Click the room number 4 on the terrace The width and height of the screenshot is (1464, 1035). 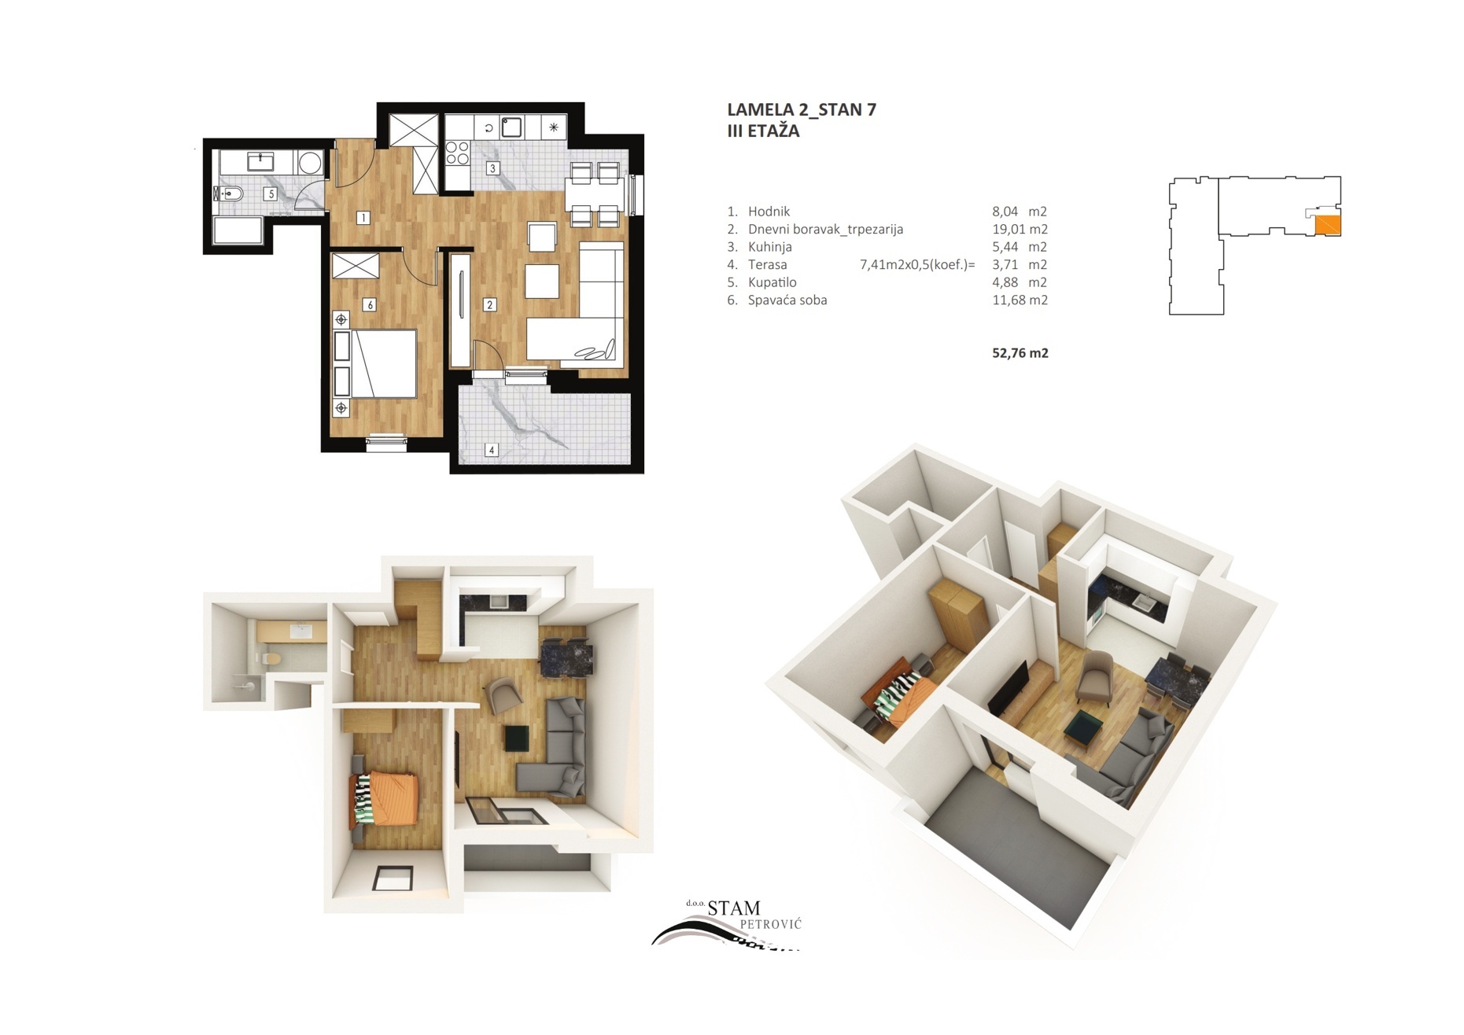coord(492,450)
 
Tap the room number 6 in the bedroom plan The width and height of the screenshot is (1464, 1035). coord(370,304)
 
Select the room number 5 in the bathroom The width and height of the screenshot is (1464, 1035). coord(271,193)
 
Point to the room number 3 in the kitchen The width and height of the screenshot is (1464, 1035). coord(493,168)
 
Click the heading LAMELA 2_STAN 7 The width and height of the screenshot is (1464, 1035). coord(802,109)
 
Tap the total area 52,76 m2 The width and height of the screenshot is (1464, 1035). coord(1020,353)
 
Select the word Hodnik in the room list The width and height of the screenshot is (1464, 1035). coord(769,212)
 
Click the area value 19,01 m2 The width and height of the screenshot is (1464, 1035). coord(1020,230)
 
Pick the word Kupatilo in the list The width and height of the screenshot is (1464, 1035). coord(772,282)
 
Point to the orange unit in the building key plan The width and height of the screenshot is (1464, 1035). coord(1328,225)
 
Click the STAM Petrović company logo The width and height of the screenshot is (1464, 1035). coord(728,925)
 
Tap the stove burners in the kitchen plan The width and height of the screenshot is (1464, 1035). coord(457,153)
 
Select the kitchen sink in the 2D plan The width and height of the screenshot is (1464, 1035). coord(511,127)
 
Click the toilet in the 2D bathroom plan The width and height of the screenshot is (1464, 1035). coord(229,193)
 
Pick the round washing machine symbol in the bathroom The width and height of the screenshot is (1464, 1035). coord(310,163)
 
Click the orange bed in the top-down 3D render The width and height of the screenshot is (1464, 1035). coord(384,798)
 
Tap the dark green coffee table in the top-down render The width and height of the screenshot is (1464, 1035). coord(517,738)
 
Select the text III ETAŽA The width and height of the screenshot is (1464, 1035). coord(763,131)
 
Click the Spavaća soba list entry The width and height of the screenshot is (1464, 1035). coord(787,300)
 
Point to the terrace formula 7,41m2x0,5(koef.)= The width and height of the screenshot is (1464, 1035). coord(917,265)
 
